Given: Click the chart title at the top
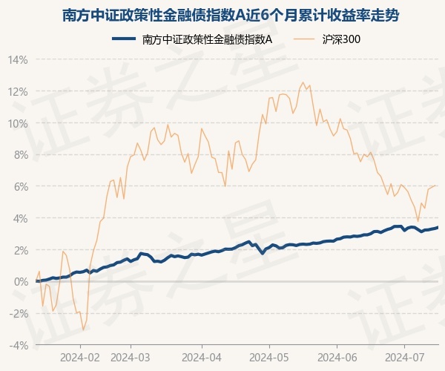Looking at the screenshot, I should (x=222, y=15).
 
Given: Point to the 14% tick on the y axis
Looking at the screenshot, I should (x=19, y=59).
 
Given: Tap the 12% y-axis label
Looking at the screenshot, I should (x=19, y=91).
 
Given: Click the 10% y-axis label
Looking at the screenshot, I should (x=19, y=123).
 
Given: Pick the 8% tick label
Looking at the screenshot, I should (x=22, y=155).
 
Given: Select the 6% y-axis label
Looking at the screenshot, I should (x=22, y=186).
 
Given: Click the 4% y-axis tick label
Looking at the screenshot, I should (x=22, y=218).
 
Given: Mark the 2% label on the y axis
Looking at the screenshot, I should (x=22, y=250).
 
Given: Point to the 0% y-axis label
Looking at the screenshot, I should (x=22, y=282).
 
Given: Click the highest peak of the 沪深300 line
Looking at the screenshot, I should (x=303, y=82).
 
